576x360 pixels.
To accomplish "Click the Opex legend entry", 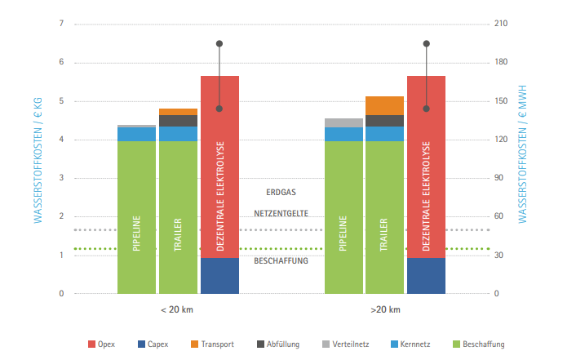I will pyautogui.click(x=102, y=344).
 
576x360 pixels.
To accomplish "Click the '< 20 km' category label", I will pyautogui.click(x=177, y=310).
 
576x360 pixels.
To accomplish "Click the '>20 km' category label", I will pyautogui.click(x=384, y=310).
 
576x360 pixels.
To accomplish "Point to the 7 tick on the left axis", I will pyautogui.click(x=61, y=24).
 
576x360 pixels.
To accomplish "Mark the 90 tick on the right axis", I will pyautogui.click(x=499, y=178).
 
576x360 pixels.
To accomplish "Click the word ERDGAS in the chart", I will pyautogui.click(x=281, y=193).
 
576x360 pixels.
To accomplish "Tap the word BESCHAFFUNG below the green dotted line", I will pyautogui.click(x=281, y=261).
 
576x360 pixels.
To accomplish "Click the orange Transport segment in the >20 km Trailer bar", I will pyautogui.click(x=384, y=105).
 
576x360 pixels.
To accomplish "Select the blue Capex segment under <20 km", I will pyautogui.click(x=219, y=276).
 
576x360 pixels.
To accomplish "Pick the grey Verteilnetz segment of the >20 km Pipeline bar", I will pyautogui.click(x=343, y=122).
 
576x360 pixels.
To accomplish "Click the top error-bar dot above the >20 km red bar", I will pyautogui.click(x=426, y=43).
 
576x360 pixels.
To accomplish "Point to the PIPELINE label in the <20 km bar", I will pyautogui.click(x=136, y=233).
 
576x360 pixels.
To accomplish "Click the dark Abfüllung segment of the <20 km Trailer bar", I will pyautogui.click(x=178, y=121).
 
